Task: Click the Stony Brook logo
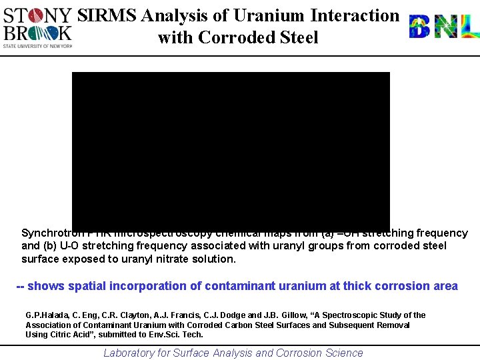coord(37,27)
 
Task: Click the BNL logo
coord(443,27)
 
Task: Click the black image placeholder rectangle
coord(231,150)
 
